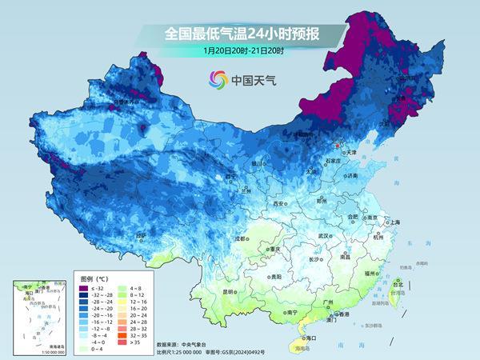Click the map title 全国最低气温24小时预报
pyautogui.click(x=240, y=34)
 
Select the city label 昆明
pyautogui.click(x=207, y=291)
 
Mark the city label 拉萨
pyautogui.click(x=141, y=236)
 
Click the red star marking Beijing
pyautogui.click(x=336, y=146)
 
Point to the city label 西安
pyautogui.click(x=279, y=204)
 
